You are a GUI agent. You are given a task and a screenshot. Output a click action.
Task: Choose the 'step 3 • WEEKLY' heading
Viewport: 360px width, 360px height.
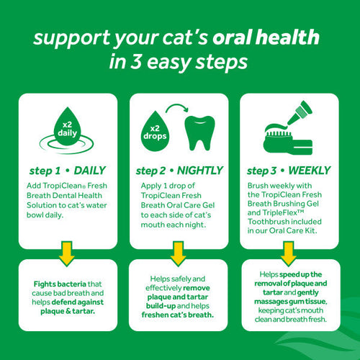287,171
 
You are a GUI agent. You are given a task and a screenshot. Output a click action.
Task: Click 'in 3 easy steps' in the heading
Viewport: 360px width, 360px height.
180,62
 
